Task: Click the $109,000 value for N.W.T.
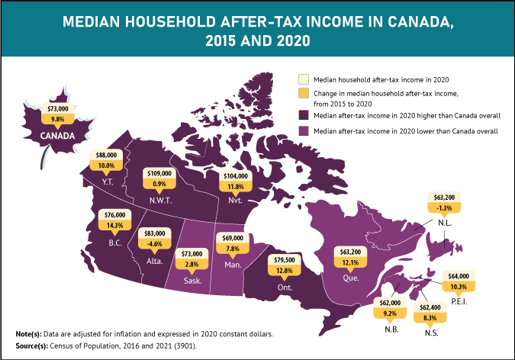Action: [x=160, y=173]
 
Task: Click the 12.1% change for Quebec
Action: [x=351, y=262]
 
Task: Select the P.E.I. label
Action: [x=459, y=300]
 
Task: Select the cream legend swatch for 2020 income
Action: [x=302, y=78]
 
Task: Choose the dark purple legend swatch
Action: [x=302, y=115]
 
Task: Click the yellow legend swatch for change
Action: [x=302, y=94]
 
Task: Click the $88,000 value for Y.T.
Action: [x=105, y=155]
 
